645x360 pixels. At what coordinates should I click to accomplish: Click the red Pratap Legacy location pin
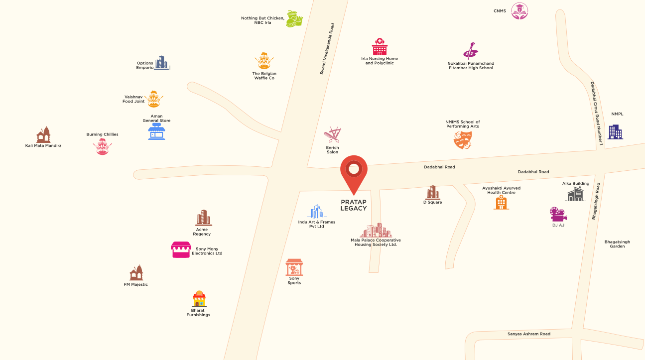tap(354, 172)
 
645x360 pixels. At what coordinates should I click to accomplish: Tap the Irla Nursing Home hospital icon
tap(380, 47)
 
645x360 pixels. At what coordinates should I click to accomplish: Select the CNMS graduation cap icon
tap(519, 11)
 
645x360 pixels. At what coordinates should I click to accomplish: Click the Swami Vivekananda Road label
tap(327, 49)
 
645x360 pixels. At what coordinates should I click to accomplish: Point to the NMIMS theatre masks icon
tap(463, 139)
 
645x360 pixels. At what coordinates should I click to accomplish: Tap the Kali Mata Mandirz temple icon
tap(43, 134)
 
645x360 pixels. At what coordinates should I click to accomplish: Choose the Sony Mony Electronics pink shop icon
tap(181, 249)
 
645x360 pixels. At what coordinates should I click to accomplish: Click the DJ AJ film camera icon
tap(558, 214)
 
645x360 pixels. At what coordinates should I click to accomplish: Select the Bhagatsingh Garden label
tap(617, 244)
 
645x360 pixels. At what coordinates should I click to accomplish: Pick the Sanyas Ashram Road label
tap(529, 334)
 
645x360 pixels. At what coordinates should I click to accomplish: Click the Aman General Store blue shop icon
tap(156, 132)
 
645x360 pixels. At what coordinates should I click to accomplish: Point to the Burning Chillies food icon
tap(103, 147)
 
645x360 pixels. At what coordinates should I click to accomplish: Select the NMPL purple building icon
tap(616, 131)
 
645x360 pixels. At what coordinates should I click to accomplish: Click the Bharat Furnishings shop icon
tap(199, 299)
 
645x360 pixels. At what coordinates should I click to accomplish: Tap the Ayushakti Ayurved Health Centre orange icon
tap(501, 202)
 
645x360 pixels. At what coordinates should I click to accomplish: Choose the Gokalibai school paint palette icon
tap(470, 51)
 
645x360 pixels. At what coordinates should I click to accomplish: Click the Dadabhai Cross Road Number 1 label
tap(597, 114)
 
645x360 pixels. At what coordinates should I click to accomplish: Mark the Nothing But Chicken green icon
tap(294, 19)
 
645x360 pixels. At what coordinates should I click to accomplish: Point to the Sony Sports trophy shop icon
tap(294, 267)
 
